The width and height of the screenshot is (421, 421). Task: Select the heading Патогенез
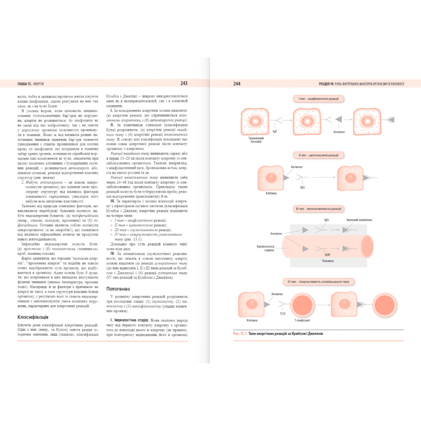(x=118, y=289)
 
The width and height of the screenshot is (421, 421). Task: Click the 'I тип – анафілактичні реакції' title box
(x=318, y=99)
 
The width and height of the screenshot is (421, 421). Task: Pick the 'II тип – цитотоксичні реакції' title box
(x=318, y=155)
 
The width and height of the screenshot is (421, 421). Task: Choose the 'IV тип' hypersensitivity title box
(x=318, y=282)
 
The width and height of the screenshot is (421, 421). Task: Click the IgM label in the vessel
(x=327, y=255)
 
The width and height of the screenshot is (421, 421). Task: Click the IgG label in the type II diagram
(x=303, y=187)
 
